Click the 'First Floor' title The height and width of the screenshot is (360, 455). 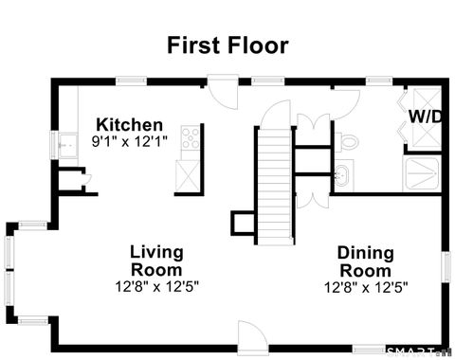point(227,45)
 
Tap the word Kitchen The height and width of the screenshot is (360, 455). point(130,125)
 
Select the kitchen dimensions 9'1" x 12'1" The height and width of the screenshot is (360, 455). point(130,142)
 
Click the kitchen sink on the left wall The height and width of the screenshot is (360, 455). point(66,146)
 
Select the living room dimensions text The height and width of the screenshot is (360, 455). point(157,284)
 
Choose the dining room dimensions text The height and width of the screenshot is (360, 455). point(366,285)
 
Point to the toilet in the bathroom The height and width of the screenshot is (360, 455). point(348,143)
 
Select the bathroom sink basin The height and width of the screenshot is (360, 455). point(342,174)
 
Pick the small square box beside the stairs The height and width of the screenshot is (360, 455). point(243,223)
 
